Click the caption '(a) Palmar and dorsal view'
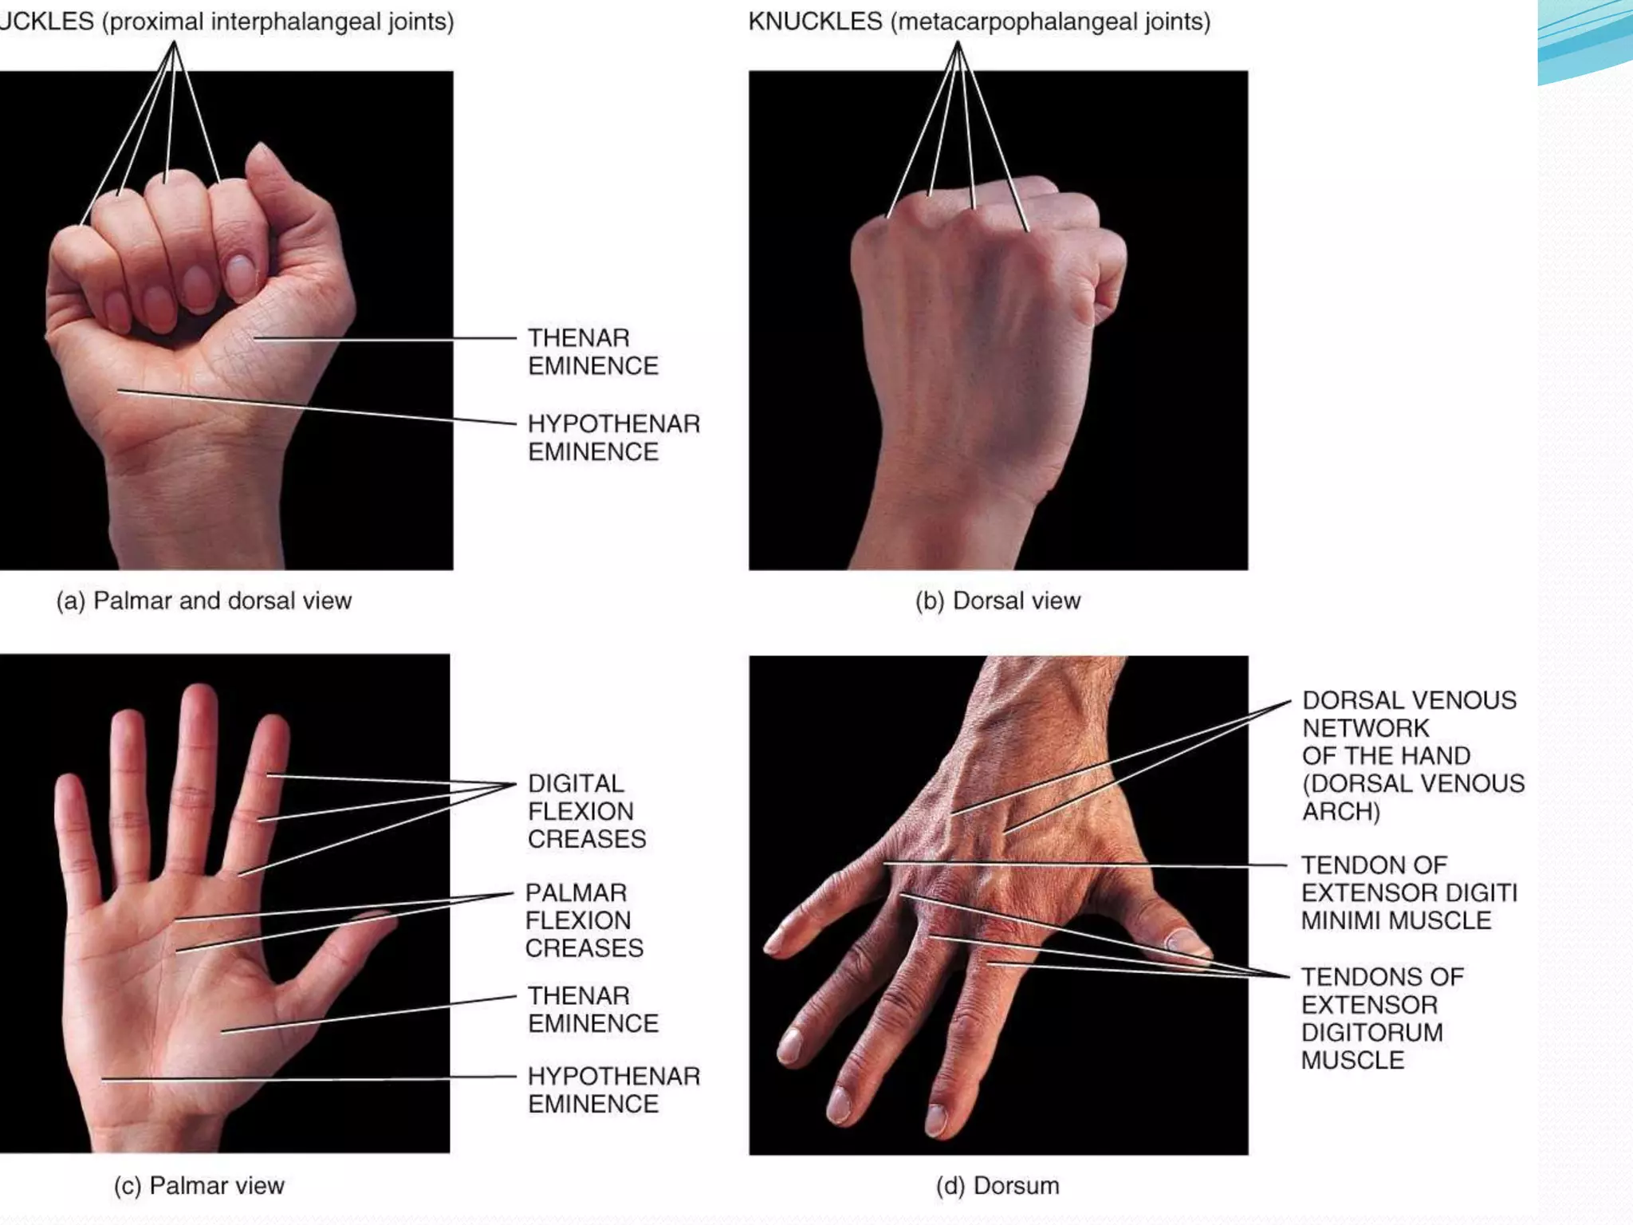tap(203, 601)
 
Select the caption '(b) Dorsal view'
tap(998, 601)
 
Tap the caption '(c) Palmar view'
tap(199, 1186)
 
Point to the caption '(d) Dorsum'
tap(998, 1186)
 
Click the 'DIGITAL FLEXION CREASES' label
tap(587, 811)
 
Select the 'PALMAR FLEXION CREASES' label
tap(584, 920)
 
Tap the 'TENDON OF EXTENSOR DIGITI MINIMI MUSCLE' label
tap(1409, 892)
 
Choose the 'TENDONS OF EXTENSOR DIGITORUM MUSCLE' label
tap(1383, 1018)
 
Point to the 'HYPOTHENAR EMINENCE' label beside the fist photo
tap(613, 437)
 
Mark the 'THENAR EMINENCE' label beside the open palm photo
tap(593, 1010)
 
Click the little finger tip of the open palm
tap(67, 786)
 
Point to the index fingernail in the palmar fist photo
tap(239, 275)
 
